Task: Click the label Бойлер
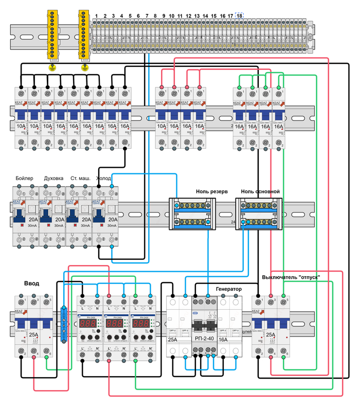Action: pos(24,179)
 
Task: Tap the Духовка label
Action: pos(55,179)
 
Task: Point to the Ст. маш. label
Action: pos(80,179)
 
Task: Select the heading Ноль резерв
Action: pos(211,191)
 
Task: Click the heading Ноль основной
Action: pos(260,191)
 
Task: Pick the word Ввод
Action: pos(32,284)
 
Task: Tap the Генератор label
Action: pos(228,290)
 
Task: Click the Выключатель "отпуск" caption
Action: pos(291,277)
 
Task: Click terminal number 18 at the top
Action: pos(239,16)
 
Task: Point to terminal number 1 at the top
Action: pos(96,16)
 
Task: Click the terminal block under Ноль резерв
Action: pos(193,214)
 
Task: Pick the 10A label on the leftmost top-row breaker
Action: pos(21,125)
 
